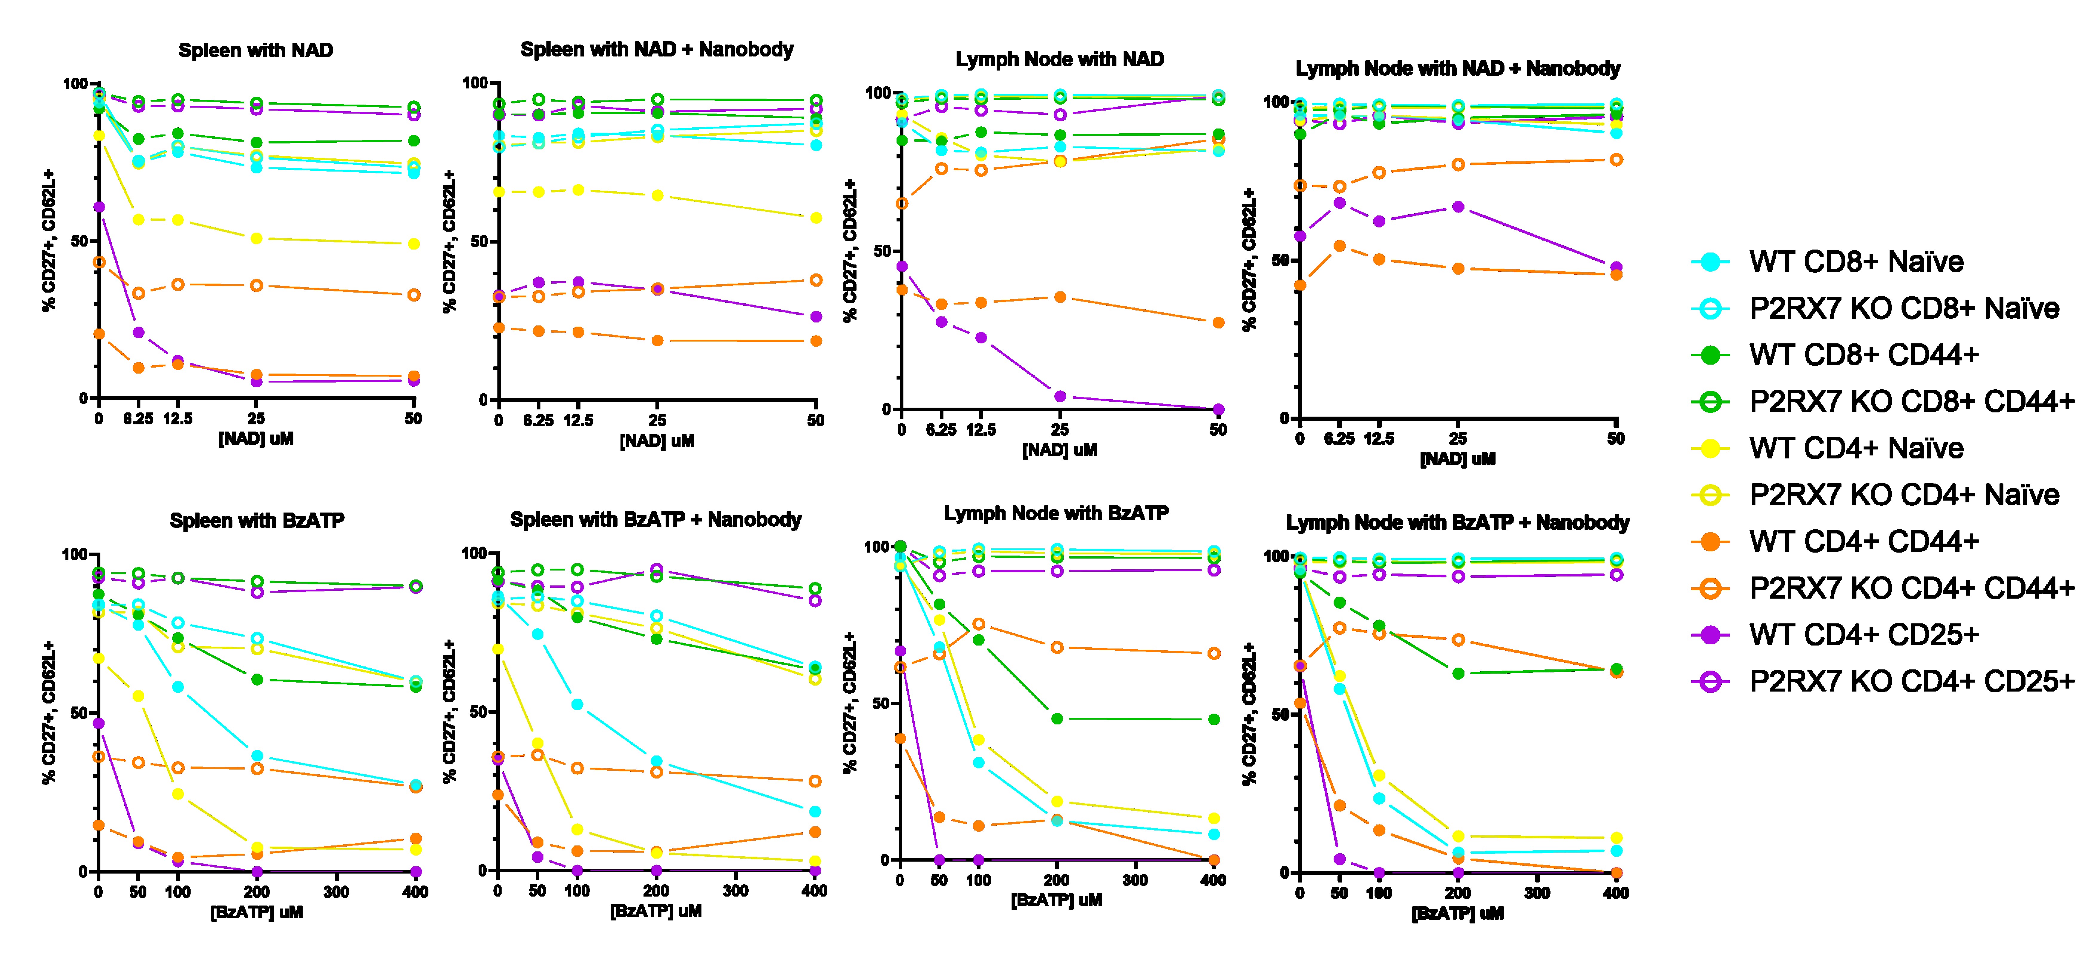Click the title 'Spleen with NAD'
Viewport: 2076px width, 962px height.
click(x=255, y=50)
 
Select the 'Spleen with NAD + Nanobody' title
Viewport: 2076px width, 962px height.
click(x=657, y=49)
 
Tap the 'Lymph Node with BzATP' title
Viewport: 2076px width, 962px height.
click(x=1056, y=513)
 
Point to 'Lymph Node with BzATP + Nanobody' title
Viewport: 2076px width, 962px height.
click(x=1457, y=522)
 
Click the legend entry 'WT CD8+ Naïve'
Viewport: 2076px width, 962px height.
click(x=1856, y=262)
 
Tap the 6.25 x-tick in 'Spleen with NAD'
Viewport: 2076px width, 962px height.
click(x=138, y=418)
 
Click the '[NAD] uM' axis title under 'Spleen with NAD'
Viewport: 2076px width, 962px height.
click(x=255, y=439)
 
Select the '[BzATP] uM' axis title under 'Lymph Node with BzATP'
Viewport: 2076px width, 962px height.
click(x=1056, y=900)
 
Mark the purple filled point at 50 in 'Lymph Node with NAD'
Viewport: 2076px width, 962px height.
click(x=1218, y=410)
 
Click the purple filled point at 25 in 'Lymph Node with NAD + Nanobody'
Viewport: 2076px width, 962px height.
click(x=1458, y=207)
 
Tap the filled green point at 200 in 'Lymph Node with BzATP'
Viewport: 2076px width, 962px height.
click(x=1057, y=718)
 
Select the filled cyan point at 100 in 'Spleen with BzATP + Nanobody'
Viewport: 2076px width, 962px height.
click(x=577, y=704)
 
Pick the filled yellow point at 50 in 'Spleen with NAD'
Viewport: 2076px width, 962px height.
click(x=413, y=244)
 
